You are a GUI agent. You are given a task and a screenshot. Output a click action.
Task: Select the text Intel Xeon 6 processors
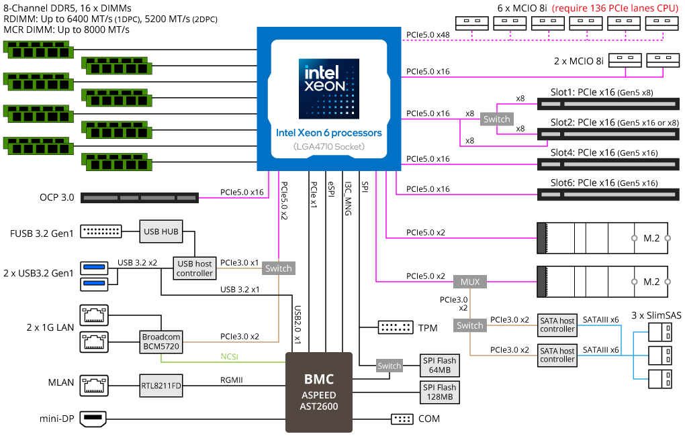point(328,133)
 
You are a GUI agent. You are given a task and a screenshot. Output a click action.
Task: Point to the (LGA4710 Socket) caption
point(328,146)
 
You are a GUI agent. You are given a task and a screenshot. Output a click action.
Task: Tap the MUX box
point(470,282)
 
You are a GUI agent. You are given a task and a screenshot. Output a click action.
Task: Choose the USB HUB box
point(161,231)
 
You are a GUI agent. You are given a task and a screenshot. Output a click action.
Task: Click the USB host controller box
point(195,268)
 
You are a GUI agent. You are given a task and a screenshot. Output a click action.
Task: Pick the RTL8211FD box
point(161,386)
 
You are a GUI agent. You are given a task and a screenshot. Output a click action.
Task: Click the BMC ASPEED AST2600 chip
point(319,392)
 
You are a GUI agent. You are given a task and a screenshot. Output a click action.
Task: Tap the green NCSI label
point(229,357)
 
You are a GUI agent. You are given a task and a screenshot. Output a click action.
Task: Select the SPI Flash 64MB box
point(439,366)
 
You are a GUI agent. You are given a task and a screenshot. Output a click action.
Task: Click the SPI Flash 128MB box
point(439,392)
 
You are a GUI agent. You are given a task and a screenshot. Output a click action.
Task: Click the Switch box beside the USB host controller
point(279,268)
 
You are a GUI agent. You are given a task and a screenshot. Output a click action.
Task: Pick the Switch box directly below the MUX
point(470,325)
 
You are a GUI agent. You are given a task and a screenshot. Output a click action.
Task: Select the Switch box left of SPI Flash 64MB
point(390,366)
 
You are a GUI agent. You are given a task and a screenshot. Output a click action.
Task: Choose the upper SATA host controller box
point(557,325)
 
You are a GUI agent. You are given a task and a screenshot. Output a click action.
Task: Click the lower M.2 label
point(651,282)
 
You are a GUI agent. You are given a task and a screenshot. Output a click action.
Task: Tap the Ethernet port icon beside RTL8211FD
point(94,386)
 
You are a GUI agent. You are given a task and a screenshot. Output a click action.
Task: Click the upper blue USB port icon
point(94,268)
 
